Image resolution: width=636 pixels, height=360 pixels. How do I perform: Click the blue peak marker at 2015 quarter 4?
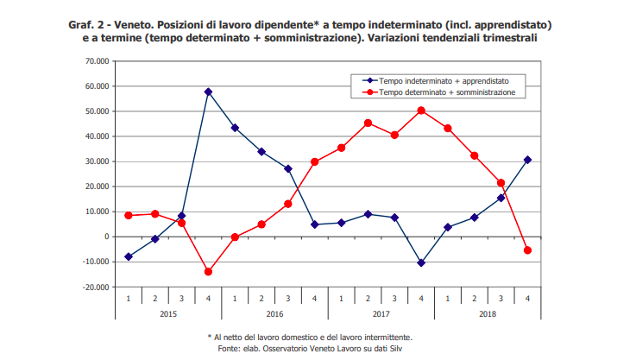point(208,92)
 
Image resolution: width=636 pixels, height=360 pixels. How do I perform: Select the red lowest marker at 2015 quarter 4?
point(208,271)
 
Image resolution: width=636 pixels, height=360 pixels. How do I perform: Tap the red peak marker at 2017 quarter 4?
point(421,111)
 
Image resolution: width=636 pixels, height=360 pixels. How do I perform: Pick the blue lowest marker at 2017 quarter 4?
point(421,262)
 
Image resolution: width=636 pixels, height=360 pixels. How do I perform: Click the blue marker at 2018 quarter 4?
point(527,160)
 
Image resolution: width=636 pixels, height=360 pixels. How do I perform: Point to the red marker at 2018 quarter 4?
point(527,250)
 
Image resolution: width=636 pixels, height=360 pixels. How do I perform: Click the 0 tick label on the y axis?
point(104,237)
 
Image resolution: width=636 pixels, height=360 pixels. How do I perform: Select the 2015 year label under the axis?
point(168,314)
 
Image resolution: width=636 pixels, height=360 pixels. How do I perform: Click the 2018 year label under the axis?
point(488,314)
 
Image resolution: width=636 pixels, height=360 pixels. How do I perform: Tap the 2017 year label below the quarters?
point(381,314)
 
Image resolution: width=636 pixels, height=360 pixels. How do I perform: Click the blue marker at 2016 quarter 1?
point(235,128)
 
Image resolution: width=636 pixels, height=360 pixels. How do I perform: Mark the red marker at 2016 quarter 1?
point(235,237)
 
